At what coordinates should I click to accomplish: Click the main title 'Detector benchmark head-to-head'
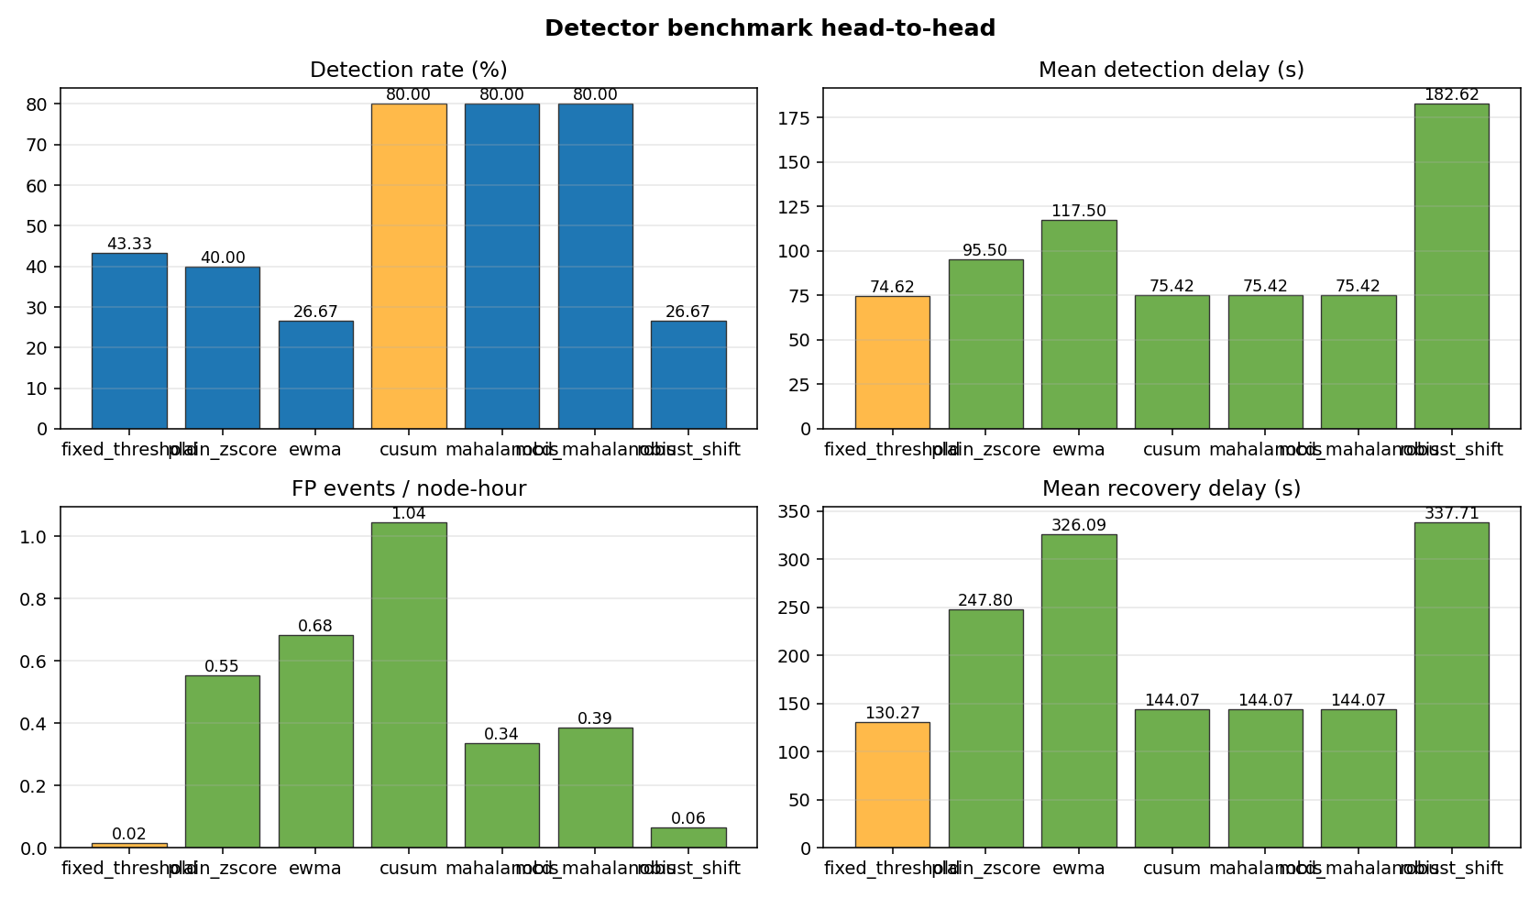coord(769,28)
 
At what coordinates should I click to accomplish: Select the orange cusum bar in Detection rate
coord(409,266)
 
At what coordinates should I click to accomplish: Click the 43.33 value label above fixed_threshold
coord(129,244)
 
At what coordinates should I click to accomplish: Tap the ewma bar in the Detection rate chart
coord(315,375)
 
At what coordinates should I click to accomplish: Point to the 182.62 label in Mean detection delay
coord(1451,94)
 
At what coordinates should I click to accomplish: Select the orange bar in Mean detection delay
coord(892,362)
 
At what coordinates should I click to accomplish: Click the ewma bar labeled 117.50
coord(1079,324)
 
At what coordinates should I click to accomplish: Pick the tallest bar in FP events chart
coord(409,684)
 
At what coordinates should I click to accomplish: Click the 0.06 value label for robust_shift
coord(688,818)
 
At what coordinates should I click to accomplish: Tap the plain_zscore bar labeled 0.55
coord(223,761)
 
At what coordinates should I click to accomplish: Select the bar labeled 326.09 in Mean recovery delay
coord(1079,691)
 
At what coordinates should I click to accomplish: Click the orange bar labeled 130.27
coord(892,784)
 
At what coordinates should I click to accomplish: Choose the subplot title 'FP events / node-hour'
coord(409,489)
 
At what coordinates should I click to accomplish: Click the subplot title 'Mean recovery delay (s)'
coord(1171,489)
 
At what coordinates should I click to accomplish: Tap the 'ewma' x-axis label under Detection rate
coord(315,450)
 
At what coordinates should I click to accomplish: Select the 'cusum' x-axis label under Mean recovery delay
coord(1171,869)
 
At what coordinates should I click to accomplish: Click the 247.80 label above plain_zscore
coord(985,600)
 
